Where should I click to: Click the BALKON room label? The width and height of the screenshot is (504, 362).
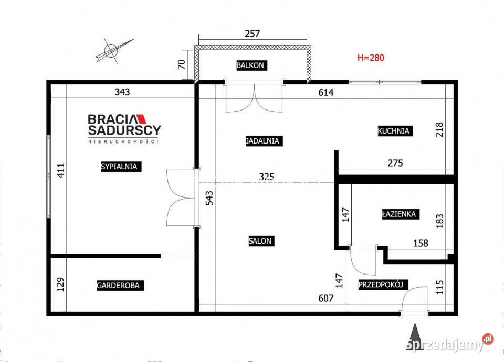pos(251,65)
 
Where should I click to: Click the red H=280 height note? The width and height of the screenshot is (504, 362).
pos(371,58)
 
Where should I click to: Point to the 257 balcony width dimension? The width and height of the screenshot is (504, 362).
pos(253,34)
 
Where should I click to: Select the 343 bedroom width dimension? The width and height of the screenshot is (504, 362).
pos(122,92)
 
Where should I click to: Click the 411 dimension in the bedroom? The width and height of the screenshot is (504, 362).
pos(61,171)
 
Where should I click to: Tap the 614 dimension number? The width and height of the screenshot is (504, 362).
pos(326,92)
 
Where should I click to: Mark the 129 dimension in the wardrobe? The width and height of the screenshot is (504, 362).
pos(60,284)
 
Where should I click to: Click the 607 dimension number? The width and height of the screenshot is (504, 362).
pos(326,298)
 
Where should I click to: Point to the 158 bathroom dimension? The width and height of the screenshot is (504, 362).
pos(421,243)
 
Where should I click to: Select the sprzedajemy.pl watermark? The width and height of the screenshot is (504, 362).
pos(450,343)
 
